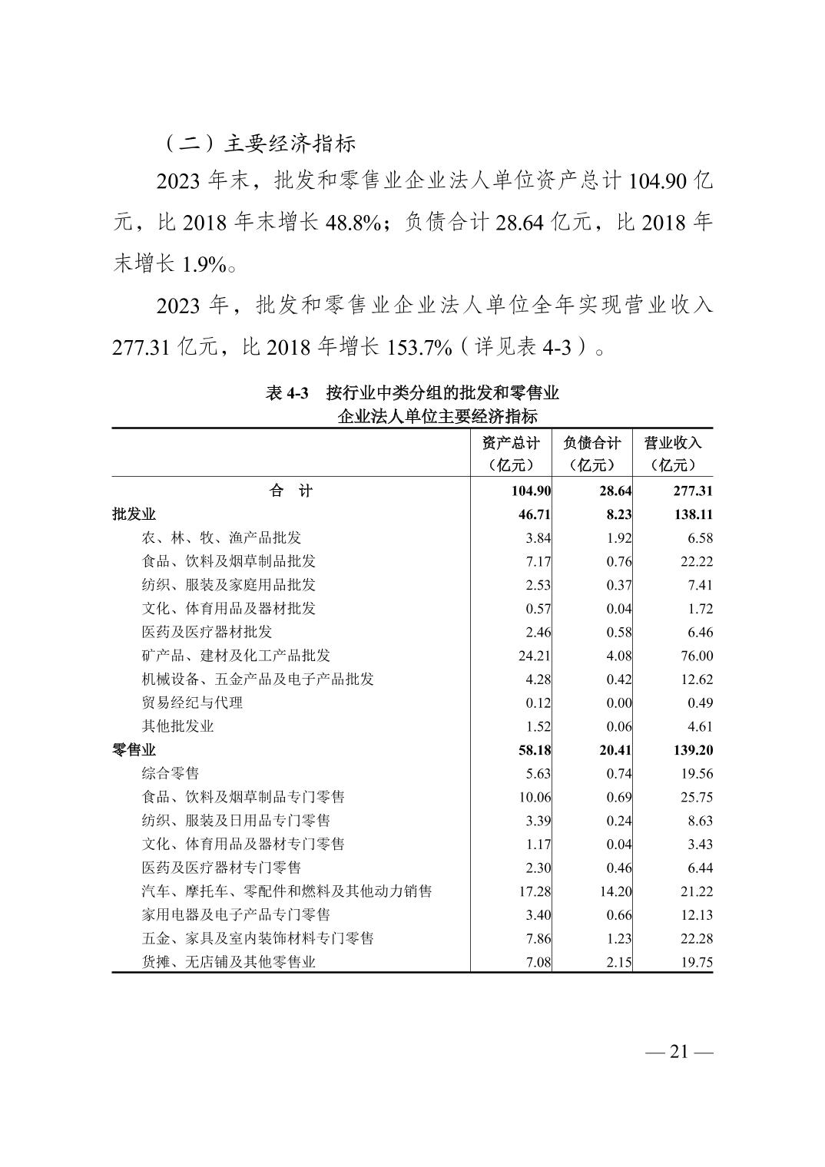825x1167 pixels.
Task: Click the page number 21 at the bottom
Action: click(679, 1051)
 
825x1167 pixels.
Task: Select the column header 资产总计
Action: click(511, 443)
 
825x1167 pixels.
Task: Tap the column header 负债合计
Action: click(591, 443)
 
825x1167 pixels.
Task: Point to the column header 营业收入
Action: click(673, 443)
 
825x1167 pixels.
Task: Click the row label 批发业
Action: click(134, 514)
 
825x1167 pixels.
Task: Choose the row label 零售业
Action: click(134, 750)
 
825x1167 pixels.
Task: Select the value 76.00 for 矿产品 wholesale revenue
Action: click(696, 656)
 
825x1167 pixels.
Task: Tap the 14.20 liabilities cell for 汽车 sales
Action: click(615, 891)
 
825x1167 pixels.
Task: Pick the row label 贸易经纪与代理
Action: click(192, 703)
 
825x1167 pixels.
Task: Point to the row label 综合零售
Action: click(171, 773)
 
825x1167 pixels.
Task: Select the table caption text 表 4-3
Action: click(287, 393)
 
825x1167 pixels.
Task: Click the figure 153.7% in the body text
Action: click(422, 347)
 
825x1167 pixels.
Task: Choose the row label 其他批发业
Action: click(177, 726)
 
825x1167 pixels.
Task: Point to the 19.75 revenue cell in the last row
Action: click(696, 962)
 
